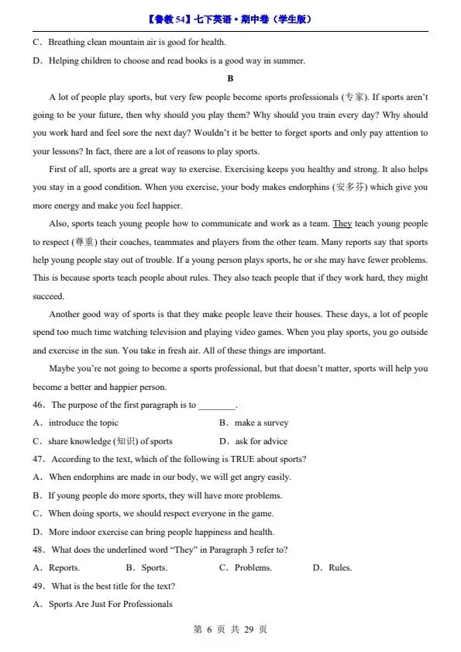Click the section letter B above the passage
(x=230, y=79)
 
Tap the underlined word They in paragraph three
(x=342, y=224)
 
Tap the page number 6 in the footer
(x=208, y=630)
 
